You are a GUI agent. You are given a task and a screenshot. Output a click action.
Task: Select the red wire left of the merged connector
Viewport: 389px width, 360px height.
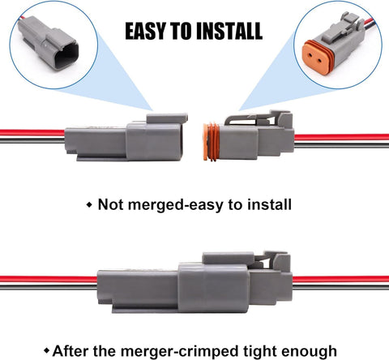click(x=49, y=280)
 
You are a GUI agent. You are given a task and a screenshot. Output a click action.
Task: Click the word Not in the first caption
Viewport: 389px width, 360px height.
click(x=111, y=204)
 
